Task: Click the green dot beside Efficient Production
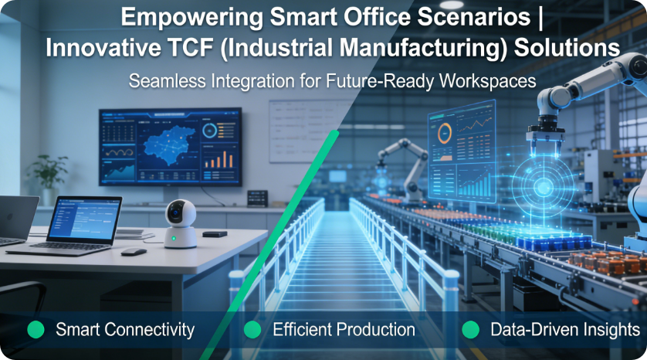(252, 330)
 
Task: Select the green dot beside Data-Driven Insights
(470, 330)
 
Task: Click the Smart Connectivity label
(124, 330)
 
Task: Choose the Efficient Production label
(344, 330)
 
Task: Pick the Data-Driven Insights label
(564, 330)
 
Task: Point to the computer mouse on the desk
(133, 251)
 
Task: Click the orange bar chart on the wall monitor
(223, 158)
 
